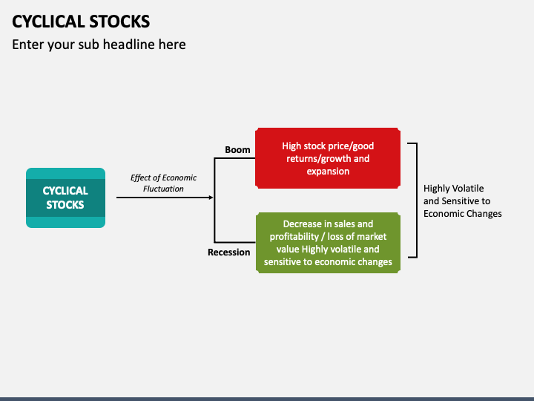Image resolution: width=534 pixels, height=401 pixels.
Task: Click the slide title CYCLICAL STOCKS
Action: pyautogui.click(x=81, y=21)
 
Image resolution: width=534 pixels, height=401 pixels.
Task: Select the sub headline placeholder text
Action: pyautogui.click(x=99, y=45)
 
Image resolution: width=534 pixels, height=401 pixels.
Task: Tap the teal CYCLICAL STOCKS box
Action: pyautogui.click(x=65, y=198)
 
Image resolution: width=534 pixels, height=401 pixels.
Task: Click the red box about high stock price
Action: pyautogui.click(x=327, y=158)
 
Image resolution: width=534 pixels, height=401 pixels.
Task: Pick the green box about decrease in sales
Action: pyautogui.click(x=327, y=243)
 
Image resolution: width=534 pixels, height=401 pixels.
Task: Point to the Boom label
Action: pyautogui.click(x=237, y=150)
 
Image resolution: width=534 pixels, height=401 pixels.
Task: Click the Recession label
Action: pyautogui.click(x=228, y=252)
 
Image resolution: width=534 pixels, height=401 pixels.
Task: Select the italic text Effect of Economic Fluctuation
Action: pyautogui.click(x=163, y=183)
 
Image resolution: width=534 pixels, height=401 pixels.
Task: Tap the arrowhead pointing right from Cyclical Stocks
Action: pyautogui.click(x=211, y=198)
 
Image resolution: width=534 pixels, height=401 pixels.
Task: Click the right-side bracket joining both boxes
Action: pyautogui.click(x=416, y=200)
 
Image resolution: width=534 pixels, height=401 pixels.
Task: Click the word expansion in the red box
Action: pyautogui.click(x=328, y=172)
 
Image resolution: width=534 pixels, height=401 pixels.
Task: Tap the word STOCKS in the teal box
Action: pyautogui.click(x=65, y=205)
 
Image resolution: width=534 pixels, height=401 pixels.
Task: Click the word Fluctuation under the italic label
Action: pyautogui.click(x=163, y=189)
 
